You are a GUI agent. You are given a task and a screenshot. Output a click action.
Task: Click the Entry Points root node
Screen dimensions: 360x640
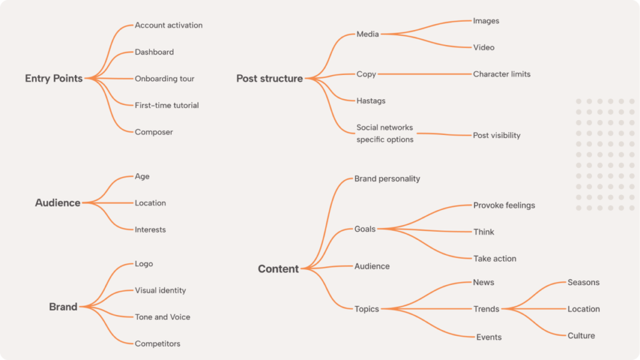(x=54, y=79)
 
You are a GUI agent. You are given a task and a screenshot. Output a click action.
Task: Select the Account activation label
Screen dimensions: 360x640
(x=169, y=26)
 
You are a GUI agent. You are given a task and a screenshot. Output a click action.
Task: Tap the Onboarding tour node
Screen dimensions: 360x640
(x=164, y=79)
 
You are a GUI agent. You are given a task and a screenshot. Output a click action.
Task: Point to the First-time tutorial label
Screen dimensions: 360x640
(x=167, y=106)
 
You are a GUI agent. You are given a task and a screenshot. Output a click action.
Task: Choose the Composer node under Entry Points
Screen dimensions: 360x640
(x=154, y=132)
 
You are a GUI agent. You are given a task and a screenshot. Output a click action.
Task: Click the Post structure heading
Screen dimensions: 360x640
(x=269, y=79)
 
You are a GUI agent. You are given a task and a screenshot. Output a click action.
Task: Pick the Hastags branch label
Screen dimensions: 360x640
(x=371, y=101)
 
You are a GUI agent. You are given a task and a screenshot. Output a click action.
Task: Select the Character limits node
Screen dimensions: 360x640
(x=501, y=74)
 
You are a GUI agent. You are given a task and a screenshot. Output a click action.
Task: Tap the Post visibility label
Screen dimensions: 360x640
(x=496, y=136)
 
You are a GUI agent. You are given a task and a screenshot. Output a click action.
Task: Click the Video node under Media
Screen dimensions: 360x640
(x=484, y=47)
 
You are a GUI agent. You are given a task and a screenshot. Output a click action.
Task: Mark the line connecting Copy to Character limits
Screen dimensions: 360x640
(x=425, y=74)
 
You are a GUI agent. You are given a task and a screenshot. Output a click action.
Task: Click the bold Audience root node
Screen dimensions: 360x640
(x=57, y=203)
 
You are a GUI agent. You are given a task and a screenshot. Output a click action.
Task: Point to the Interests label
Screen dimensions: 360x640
(x=150, y=230)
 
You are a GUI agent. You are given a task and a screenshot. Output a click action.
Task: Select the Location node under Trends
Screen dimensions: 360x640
(x=583, y=309)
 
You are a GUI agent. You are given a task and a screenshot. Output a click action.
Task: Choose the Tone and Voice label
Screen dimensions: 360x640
(x=162, y=317)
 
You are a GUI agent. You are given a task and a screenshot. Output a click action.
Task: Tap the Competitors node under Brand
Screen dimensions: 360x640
(x=157, y=344)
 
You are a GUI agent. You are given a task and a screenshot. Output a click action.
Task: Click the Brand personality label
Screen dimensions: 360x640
(x=387, y=179)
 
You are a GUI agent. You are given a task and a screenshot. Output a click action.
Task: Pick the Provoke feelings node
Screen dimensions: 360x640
(x=504, y=206)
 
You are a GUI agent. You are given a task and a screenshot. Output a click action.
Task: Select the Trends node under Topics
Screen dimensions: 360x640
(x=486, y=309)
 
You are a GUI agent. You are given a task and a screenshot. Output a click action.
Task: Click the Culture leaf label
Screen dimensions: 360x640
(x=581, y=336)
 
